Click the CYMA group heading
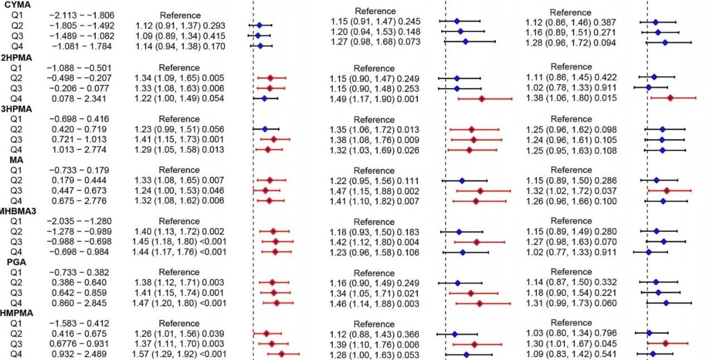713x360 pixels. click(x=15, y=4)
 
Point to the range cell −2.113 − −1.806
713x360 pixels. click(x=81, y=15)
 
